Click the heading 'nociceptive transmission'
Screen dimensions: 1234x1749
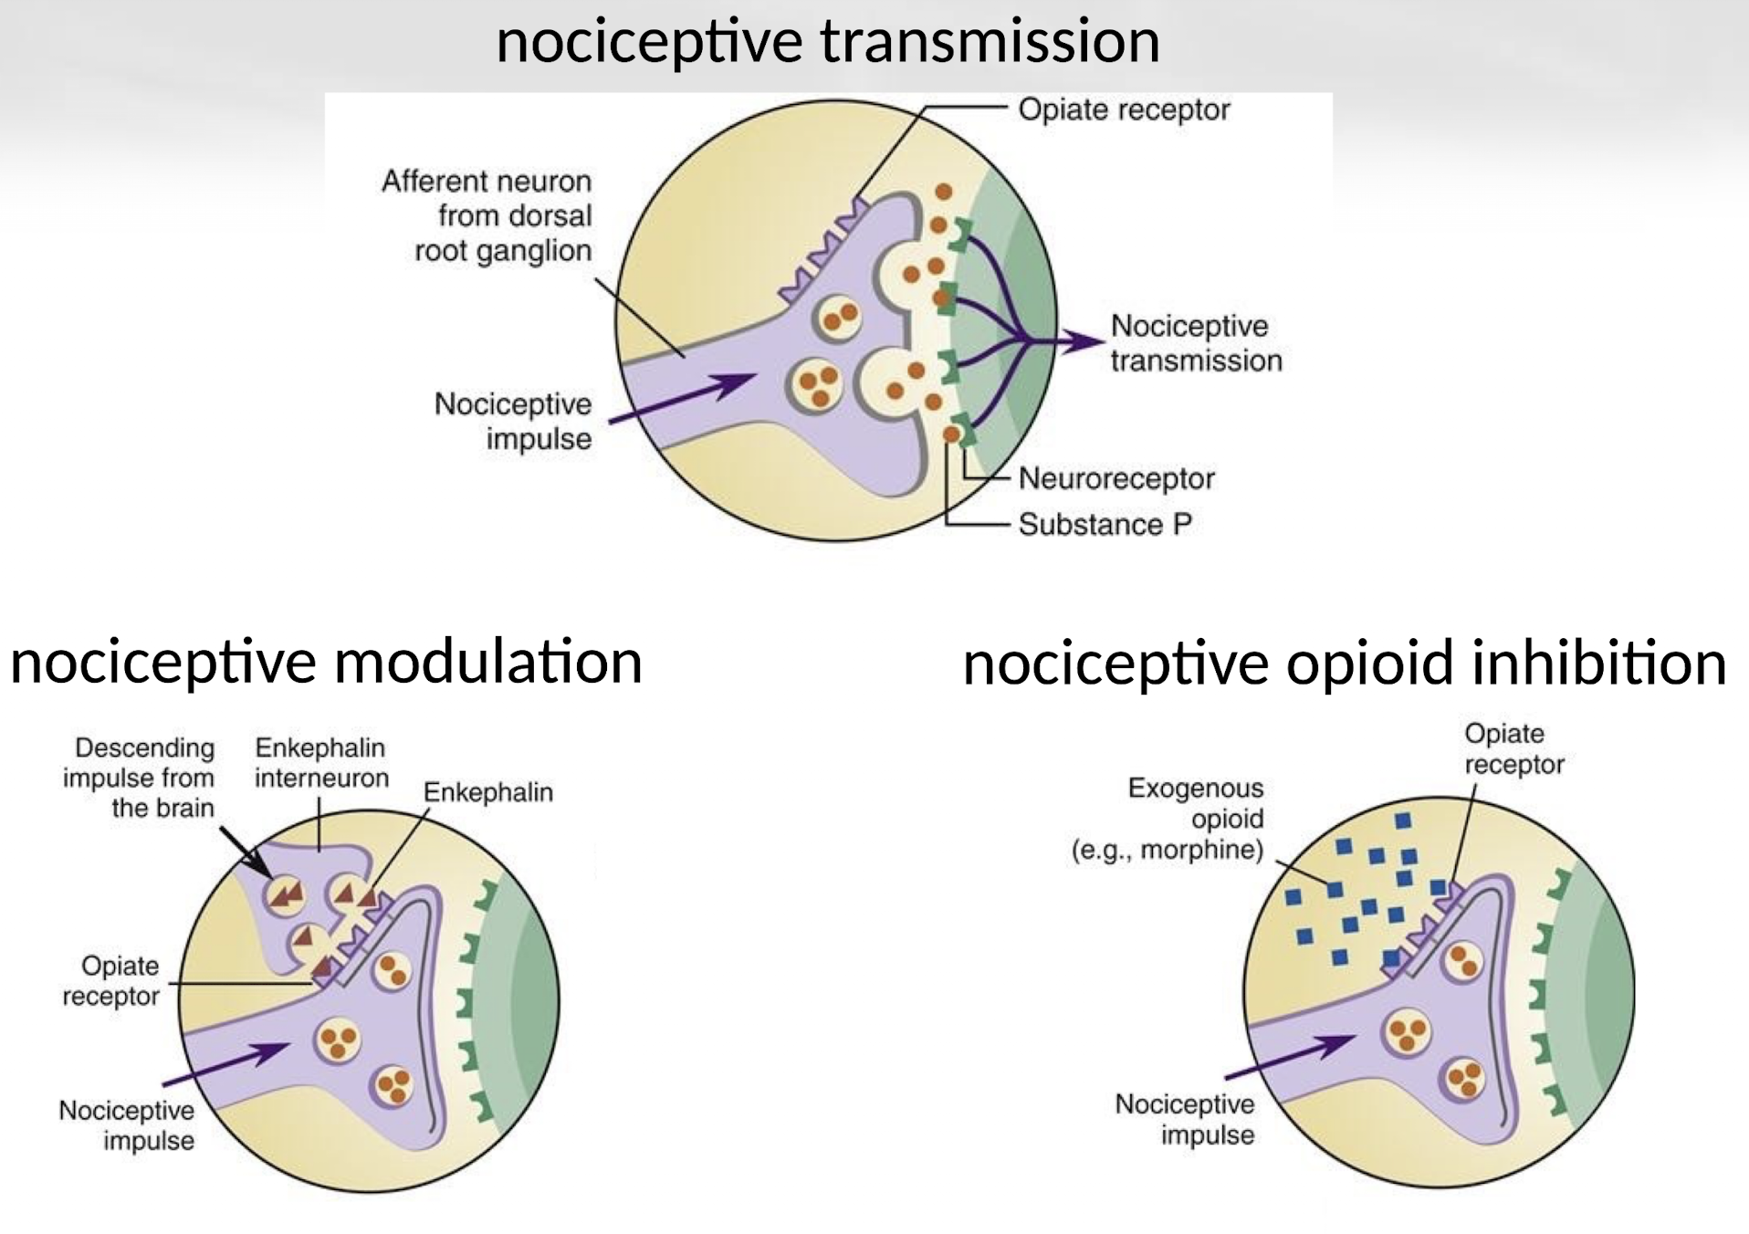(827, 42)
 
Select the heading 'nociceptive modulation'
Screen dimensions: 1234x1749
(326, 661)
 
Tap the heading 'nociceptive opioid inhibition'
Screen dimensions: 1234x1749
(1344, 663)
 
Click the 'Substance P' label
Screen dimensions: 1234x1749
(1105, 525)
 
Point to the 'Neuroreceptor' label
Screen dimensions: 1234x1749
(1115, 478)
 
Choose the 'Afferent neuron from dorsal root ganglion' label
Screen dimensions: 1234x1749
(487, 215)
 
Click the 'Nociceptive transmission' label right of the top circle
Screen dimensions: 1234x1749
(1196, 343)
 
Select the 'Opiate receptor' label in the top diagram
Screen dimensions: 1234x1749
(1124, 110)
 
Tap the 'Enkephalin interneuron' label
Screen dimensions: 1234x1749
(321, 762)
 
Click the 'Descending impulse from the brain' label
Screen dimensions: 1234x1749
(139, 778)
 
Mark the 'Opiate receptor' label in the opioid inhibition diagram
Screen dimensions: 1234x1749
(1513, 748)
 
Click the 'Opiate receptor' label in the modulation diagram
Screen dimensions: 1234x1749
(111, 980)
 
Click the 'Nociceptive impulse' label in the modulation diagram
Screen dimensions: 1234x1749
(127, 1125)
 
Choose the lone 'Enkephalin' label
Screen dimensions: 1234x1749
(487, 792)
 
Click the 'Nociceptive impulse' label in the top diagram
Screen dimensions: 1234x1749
(513, 421)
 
